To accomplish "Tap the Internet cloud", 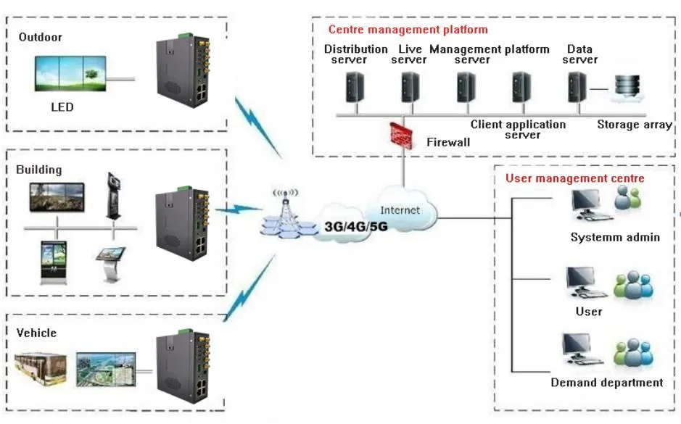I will click(x=401, y=209).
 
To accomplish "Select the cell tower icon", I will click(x=284, y=214).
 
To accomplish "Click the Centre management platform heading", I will click(x=408, y=30).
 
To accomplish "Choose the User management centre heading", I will click(x=574, y=178).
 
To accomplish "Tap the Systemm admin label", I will click(x=615, y=237).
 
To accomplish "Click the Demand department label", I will click(x=606, y=382).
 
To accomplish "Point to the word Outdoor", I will click(x=41, y=37).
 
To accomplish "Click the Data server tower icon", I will click(x=577, y=88).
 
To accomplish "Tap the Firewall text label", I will click(x=447, y=142).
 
